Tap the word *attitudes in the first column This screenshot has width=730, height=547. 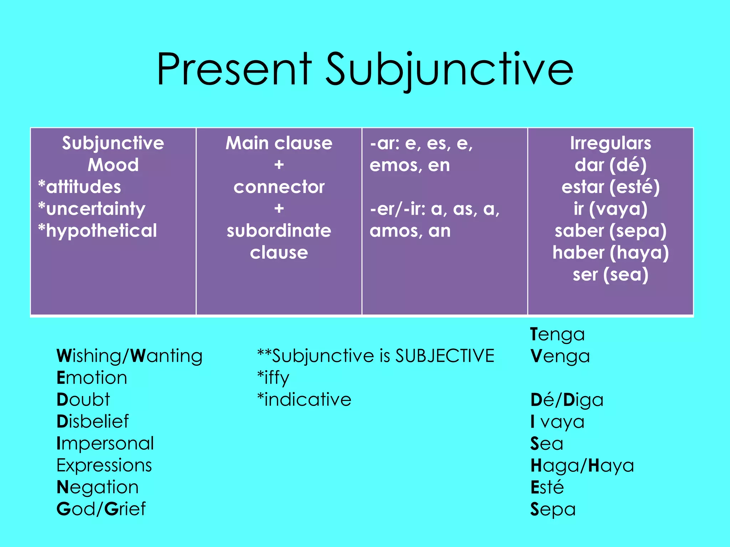coord(80,187)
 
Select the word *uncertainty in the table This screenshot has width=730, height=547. coord(92,209)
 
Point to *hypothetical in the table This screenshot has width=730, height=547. coord(98,231)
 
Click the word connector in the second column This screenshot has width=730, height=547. coord(279,187)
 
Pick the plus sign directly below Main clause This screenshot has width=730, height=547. coord(279,165)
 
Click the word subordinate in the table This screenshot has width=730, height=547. coord(279,231)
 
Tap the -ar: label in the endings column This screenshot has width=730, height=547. coord(385,144)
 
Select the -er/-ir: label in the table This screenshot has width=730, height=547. coord(397,209)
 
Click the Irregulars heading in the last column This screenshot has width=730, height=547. coord(610,144)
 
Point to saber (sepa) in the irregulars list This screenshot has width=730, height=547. coord(610,231)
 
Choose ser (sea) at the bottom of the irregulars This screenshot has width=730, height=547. coord(610,275)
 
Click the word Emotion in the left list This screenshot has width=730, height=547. coord(92,377)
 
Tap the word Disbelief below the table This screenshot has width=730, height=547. coord(93,421)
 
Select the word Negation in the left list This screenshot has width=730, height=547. coord(97,487)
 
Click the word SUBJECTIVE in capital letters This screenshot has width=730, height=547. coord(444,356)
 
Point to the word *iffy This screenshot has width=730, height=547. coord(273,378)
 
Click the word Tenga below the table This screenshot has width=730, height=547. coord(557,334)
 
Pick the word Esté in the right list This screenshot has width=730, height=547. coord(547,487)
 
